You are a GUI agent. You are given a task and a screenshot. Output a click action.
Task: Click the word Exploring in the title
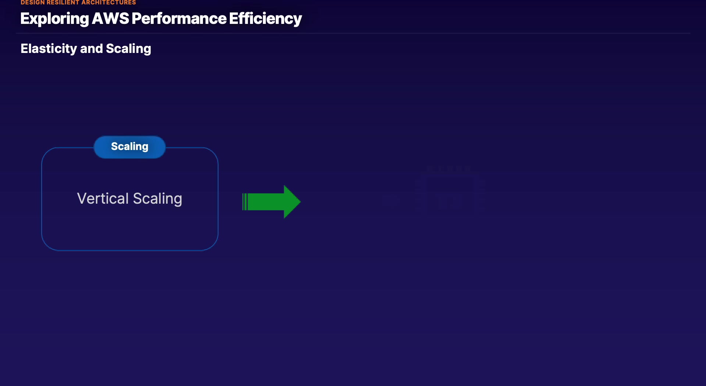point(54,19)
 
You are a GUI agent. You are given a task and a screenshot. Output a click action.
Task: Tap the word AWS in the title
point(110,19)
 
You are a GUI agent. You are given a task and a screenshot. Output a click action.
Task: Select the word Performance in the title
point(179,19)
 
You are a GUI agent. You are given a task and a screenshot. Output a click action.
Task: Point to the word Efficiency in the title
point(265,19)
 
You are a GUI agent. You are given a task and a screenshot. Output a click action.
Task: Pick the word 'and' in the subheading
point(91,49)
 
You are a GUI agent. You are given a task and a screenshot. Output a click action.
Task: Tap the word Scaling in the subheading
point(128,49)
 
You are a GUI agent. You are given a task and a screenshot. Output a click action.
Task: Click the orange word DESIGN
point(32,3)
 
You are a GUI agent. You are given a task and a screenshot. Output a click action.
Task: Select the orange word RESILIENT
point(63,3)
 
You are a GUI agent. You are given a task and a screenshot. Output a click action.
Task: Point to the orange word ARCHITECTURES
point(108,3)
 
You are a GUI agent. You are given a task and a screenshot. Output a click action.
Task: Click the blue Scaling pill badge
point(129,147)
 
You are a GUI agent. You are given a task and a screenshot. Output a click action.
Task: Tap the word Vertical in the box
point(103,199)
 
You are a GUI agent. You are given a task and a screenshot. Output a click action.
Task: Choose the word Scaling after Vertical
point(157,199)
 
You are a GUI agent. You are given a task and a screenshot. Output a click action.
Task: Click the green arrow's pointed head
point(292,201)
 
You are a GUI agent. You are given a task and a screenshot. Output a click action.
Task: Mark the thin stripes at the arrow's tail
point(245,201)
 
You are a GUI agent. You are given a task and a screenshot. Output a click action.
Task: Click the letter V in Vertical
point(82,199)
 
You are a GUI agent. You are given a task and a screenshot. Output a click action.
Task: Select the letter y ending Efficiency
point(297,20)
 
